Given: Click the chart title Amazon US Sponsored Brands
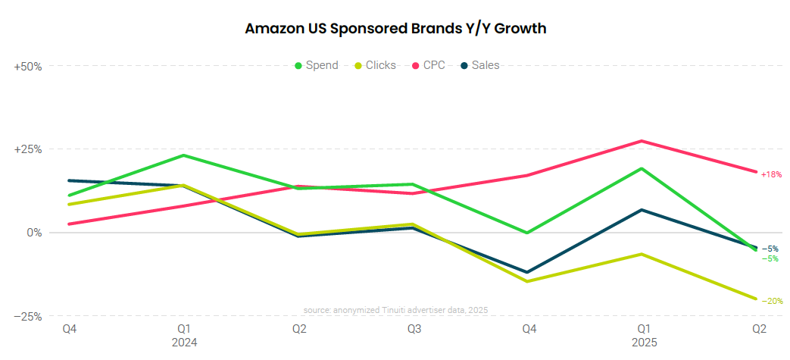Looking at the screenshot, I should click(395, 29).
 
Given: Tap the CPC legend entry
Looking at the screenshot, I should click(428, 65).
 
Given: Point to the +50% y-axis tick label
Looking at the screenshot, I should click(28, 66).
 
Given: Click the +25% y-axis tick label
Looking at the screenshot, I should click(28, 149).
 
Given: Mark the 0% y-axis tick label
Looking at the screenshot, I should click(34, 233).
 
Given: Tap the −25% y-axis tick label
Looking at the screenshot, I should click(28, 316).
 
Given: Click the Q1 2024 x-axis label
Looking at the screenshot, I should click(184, 335).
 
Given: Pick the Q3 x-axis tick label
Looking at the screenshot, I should click(414, 329).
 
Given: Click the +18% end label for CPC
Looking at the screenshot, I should click(771, 174).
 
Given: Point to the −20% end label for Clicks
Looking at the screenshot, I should click(771, 301).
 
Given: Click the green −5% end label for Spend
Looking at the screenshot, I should click(770, 259).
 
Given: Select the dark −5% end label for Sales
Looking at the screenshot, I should click(770, 249).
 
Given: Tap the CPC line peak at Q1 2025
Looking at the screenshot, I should click(642, 141).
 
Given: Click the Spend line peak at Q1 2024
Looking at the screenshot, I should click(184, 155).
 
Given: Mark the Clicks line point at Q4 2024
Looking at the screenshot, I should click(528, 281).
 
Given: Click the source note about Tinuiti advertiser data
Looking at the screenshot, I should click(395, 311).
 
